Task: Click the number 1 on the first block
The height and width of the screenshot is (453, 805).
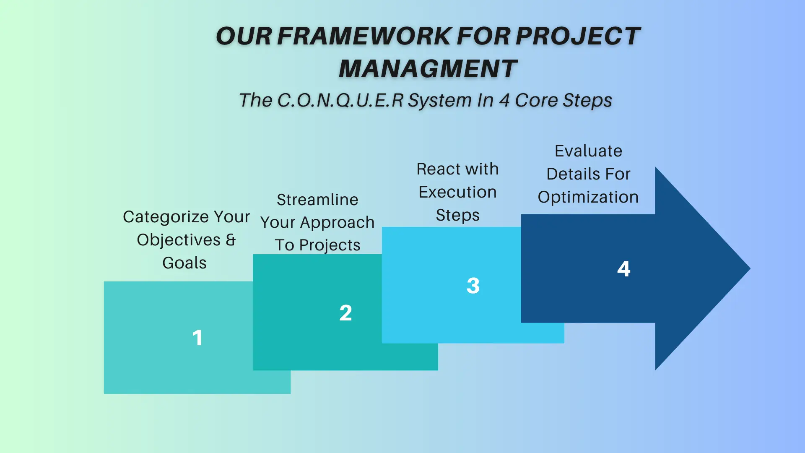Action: point(197,338)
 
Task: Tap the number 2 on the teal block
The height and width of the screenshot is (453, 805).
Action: point(345,313)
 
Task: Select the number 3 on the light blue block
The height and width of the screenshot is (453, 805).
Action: point(473,286)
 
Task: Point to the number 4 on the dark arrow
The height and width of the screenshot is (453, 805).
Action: point(624,269)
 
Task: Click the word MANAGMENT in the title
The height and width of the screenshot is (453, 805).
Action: point(428,68)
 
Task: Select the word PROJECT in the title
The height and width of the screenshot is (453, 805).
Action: point(578,36)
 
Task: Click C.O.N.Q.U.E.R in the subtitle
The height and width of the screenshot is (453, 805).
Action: point(340,100)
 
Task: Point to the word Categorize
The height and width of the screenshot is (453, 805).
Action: point(166,217)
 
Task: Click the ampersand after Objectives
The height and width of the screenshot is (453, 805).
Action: point(231,240)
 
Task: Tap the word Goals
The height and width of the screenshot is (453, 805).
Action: point(184,263)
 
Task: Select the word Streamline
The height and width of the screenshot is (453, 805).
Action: point(317,200)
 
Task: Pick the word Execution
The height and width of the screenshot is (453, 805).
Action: point(457,192)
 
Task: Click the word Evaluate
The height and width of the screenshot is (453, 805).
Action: point(588,151)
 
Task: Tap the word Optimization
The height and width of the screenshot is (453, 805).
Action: point(588,198)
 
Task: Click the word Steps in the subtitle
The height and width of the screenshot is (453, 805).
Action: point(587,101)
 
